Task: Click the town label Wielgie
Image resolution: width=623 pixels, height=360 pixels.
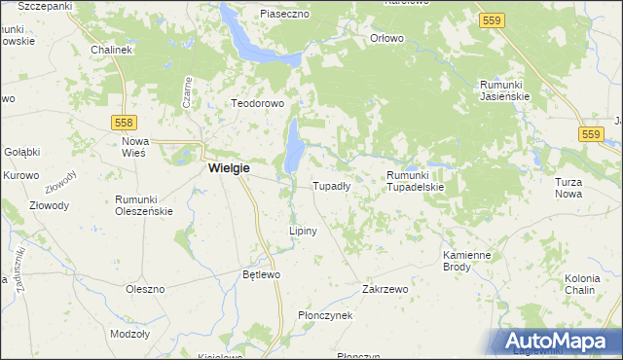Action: point(229,168)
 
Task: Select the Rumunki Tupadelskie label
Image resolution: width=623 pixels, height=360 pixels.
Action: point(415,181)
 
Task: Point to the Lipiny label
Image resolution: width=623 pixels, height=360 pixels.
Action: point(303,231)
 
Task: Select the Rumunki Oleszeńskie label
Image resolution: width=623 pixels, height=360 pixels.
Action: point(143,204)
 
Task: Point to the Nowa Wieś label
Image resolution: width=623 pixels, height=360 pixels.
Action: point(134,146)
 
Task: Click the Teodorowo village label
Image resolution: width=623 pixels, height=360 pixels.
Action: point(256,103)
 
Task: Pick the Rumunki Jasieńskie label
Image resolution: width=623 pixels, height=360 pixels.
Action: point(503,90)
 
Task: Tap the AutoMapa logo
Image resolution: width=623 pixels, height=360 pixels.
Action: point(559,342)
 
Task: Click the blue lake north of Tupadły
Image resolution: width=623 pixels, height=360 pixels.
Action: point(294,146)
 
